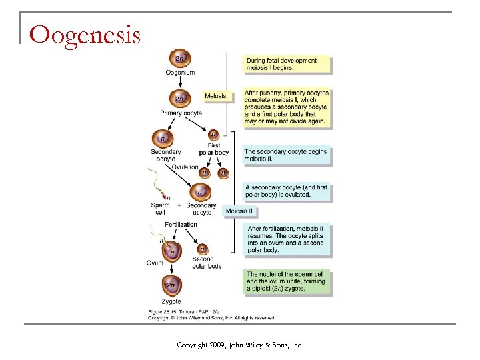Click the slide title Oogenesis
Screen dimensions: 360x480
(x=85, y=34)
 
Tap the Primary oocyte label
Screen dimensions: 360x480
(x=181, y=113)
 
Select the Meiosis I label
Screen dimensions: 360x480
(x=217, y=96)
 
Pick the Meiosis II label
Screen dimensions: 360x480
(x=239, y=211)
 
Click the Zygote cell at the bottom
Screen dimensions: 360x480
(x=171, y=287)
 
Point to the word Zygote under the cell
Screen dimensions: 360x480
(x=171, y=302)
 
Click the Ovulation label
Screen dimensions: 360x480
(x=185, y=167)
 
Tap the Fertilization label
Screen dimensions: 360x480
(x=181, y=225)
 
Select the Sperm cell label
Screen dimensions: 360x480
(x=160, y=209)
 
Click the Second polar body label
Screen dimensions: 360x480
(x=206, y=263)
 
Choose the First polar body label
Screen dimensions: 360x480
(x=213, y=149)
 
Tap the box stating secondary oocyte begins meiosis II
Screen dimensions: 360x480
(x=286, y=155)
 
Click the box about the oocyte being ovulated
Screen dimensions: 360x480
(x=286, y=191)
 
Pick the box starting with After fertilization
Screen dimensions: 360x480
(x=286, y=239)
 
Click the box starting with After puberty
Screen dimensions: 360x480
(x=286, y=107)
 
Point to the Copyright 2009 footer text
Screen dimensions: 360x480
(x=239, y=345)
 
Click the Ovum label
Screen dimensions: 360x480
(x=155, y=263)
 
